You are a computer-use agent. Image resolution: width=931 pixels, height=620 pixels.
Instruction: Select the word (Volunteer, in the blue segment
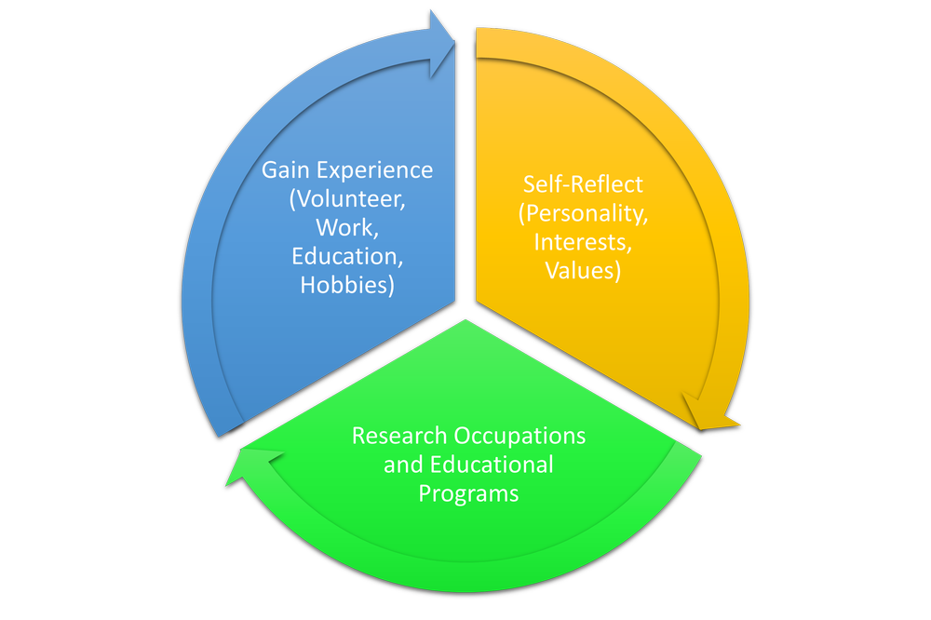pyautogui.click(x=347, y=199)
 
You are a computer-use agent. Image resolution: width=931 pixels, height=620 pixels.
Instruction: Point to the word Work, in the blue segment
pyautogui.click(x=346, y=227)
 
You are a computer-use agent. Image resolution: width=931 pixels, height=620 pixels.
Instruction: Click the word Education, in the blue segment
pyautogui.click(x=346, y=256)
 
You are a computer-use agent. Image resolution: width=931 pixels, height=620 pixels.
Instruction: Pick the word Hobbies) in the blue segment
pyautogui.click(x=346, y=285)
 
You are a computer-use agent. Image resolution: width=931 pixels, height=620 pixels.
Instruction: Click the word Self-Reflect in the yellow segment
pyautogui.click(x=583, y=183)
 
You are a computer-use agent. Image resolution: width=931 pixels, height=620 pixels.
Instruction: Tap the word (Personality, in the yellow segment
pyautogui.click(x=583, y=213)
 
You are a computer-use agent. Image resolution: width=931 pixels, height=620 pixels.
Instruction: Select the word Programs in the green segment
pyautogui.click(x=468, y=492)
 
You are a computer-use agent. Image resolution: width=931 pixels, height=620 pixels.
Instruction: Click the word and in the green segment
pyautogui.click(x=403, y=464)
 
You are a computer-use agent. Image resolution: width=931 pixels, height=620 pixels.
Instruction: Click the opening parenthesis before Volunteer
pyautogui.click(x=292, y=200)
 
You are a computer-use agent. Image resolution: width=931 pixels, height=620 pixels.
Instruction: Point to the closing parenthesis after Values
pyautogui.click(x=618, y=271)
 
